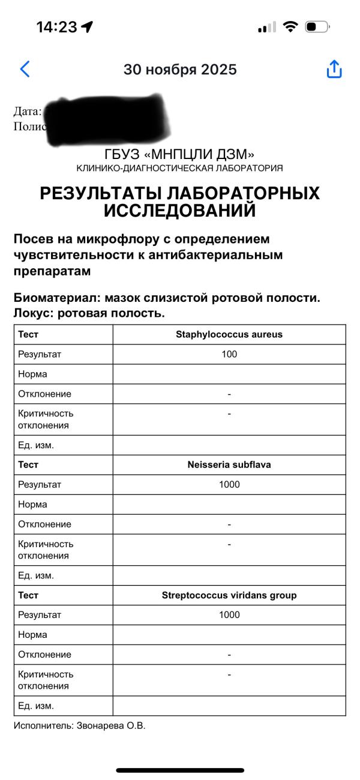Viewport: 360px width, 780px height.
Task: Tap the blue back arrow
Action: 25,69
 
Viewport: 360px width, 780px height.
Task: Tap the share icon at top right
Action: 334,69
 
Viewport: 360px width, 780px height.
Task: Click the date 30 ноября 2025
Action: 180,70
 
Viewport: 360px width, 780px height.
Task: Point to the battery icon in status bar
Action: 317,27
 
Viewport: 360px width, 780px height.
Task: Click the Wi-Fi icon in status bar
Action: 291,27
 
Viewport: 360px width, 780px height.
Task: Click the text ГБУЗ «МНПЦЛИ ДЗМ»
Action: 180,155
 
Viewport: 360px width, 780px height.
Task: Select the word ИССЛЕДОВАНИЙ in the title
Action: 180,211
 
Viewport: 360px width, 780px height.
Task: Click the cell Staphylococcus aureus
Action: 229,334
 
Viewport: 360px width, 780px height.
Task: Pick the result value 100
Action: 229,354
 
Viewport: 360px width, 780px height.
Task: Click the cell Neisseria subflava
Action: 229,464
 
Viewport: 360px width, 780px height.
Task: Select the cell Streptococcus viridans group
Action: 229,595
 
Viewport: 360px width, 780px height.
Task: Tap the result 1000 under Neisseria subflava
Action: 229,484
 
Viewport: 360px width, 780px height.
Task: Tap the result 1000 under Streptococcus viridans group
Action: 229,614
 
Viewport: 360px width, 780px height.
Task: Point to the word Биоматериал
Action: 56,298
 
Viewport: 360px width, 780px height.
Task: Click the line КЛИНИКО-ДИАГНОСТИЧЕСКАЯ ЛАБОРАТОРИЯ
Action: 180,168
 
